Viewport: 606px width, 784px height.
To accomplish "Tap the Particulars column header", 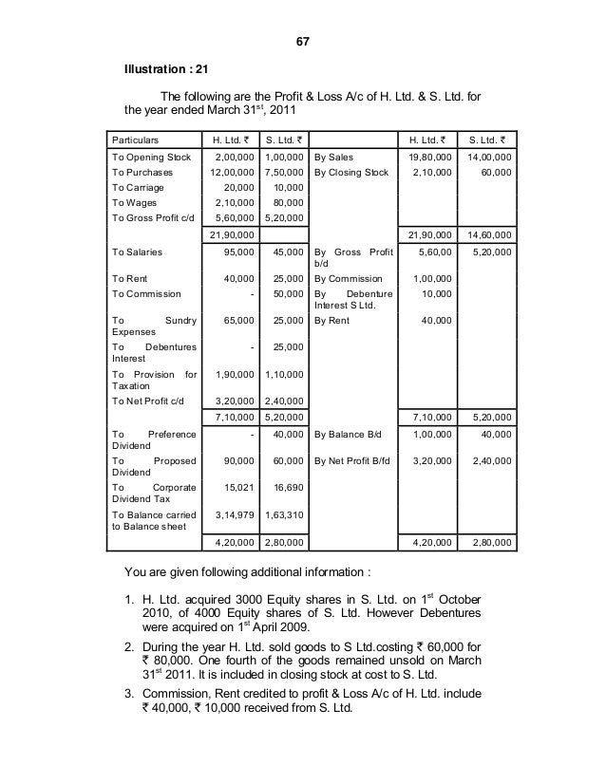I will (x=140, y=139).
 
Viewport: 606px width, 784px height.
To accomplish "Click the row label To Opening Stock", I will (x=151, y=157).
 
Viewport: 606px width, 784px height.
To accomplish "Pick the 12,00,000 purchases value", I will (x=233, y=173).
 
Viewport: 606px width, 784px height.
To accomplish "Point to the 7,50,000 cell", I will (x=283, y=173).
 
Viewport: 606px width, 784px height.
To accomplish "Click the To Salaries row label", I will (x=137, y=252).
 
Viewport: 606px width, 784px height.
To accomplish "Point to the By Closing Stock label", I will (x=351, y=173).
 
